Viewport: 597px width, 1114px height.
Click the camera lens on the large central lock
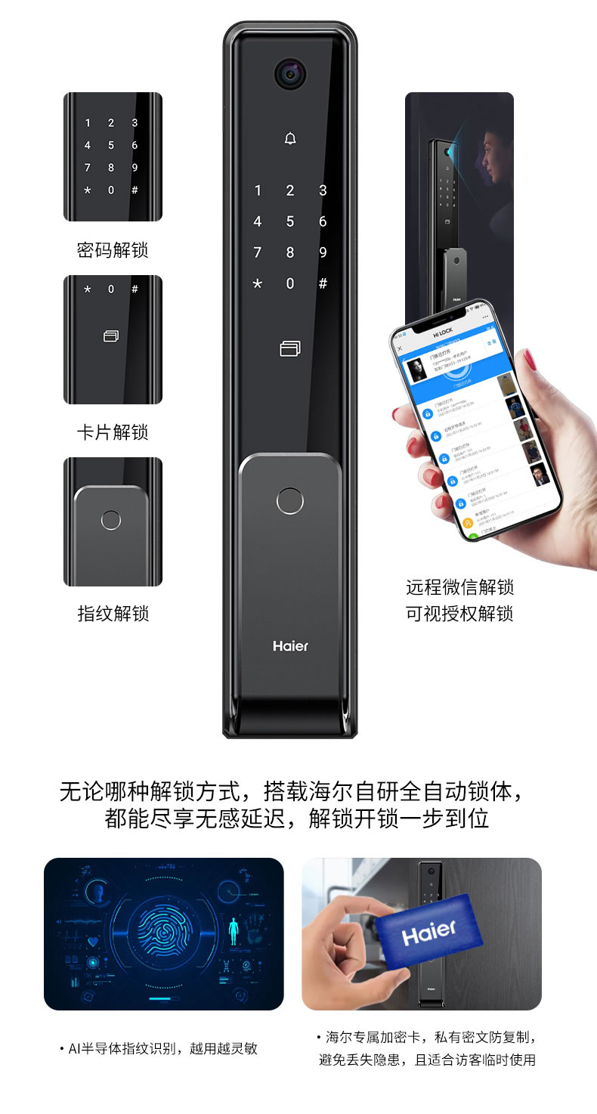click(x=290, y=73)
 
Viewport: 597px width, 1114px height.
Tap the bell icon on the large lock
click(x=290, y=138)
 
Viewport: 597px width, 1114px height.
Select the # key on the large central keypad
click(x=323, y=284)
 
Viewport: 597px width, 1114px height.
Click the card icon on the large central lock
click(x=290, y=348)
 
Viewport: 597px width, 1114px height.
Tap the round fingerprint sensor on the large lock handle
click(x=289, y=501)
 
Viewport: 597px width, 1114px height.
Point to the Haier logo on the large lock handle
click(x=290, y=646)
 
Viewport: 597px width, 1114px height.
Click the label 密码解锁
click(x=113, y=250)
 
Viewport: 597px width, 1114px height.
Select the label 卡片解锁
click(x=113, y=432)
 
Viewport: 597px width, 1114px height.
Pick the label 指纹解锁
click(x=113, y=614)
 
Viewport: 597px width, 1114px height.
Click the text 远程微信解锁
click(x=459, y=587)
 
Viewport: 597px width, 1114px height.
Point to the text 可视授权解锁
click(x=459, y=614)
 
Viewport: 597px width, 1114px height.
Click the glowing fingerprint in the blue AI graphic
click(x=163, y=934)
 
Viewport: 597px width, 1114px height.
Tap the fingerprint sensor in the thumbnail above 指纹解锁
click(x=111, y=521)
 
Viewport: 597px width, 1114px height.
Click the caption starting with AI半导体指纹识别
click(x=159, y=1049)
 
